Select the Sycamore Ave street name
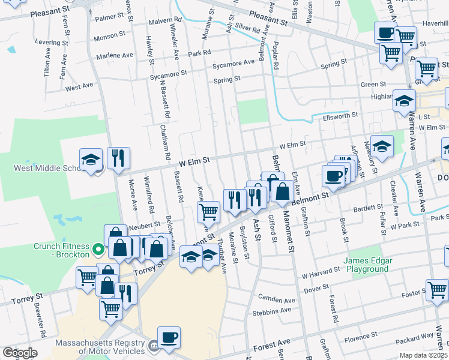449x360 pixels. tap(237, 63)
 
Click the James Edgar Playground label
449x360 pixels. tap(368, 265)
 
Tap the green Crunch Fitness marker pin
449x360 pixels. tap(98, 247)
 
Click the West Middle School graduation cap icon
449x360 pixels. tap(91, 160)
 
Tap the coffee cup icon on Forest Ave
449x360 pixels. tap(169, 337)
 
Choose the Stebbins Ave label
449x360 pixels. tap(274, 311)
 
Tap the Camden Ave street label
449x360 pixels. tap(277, 299)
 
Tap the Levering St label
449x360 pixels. tap(52, 43)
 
